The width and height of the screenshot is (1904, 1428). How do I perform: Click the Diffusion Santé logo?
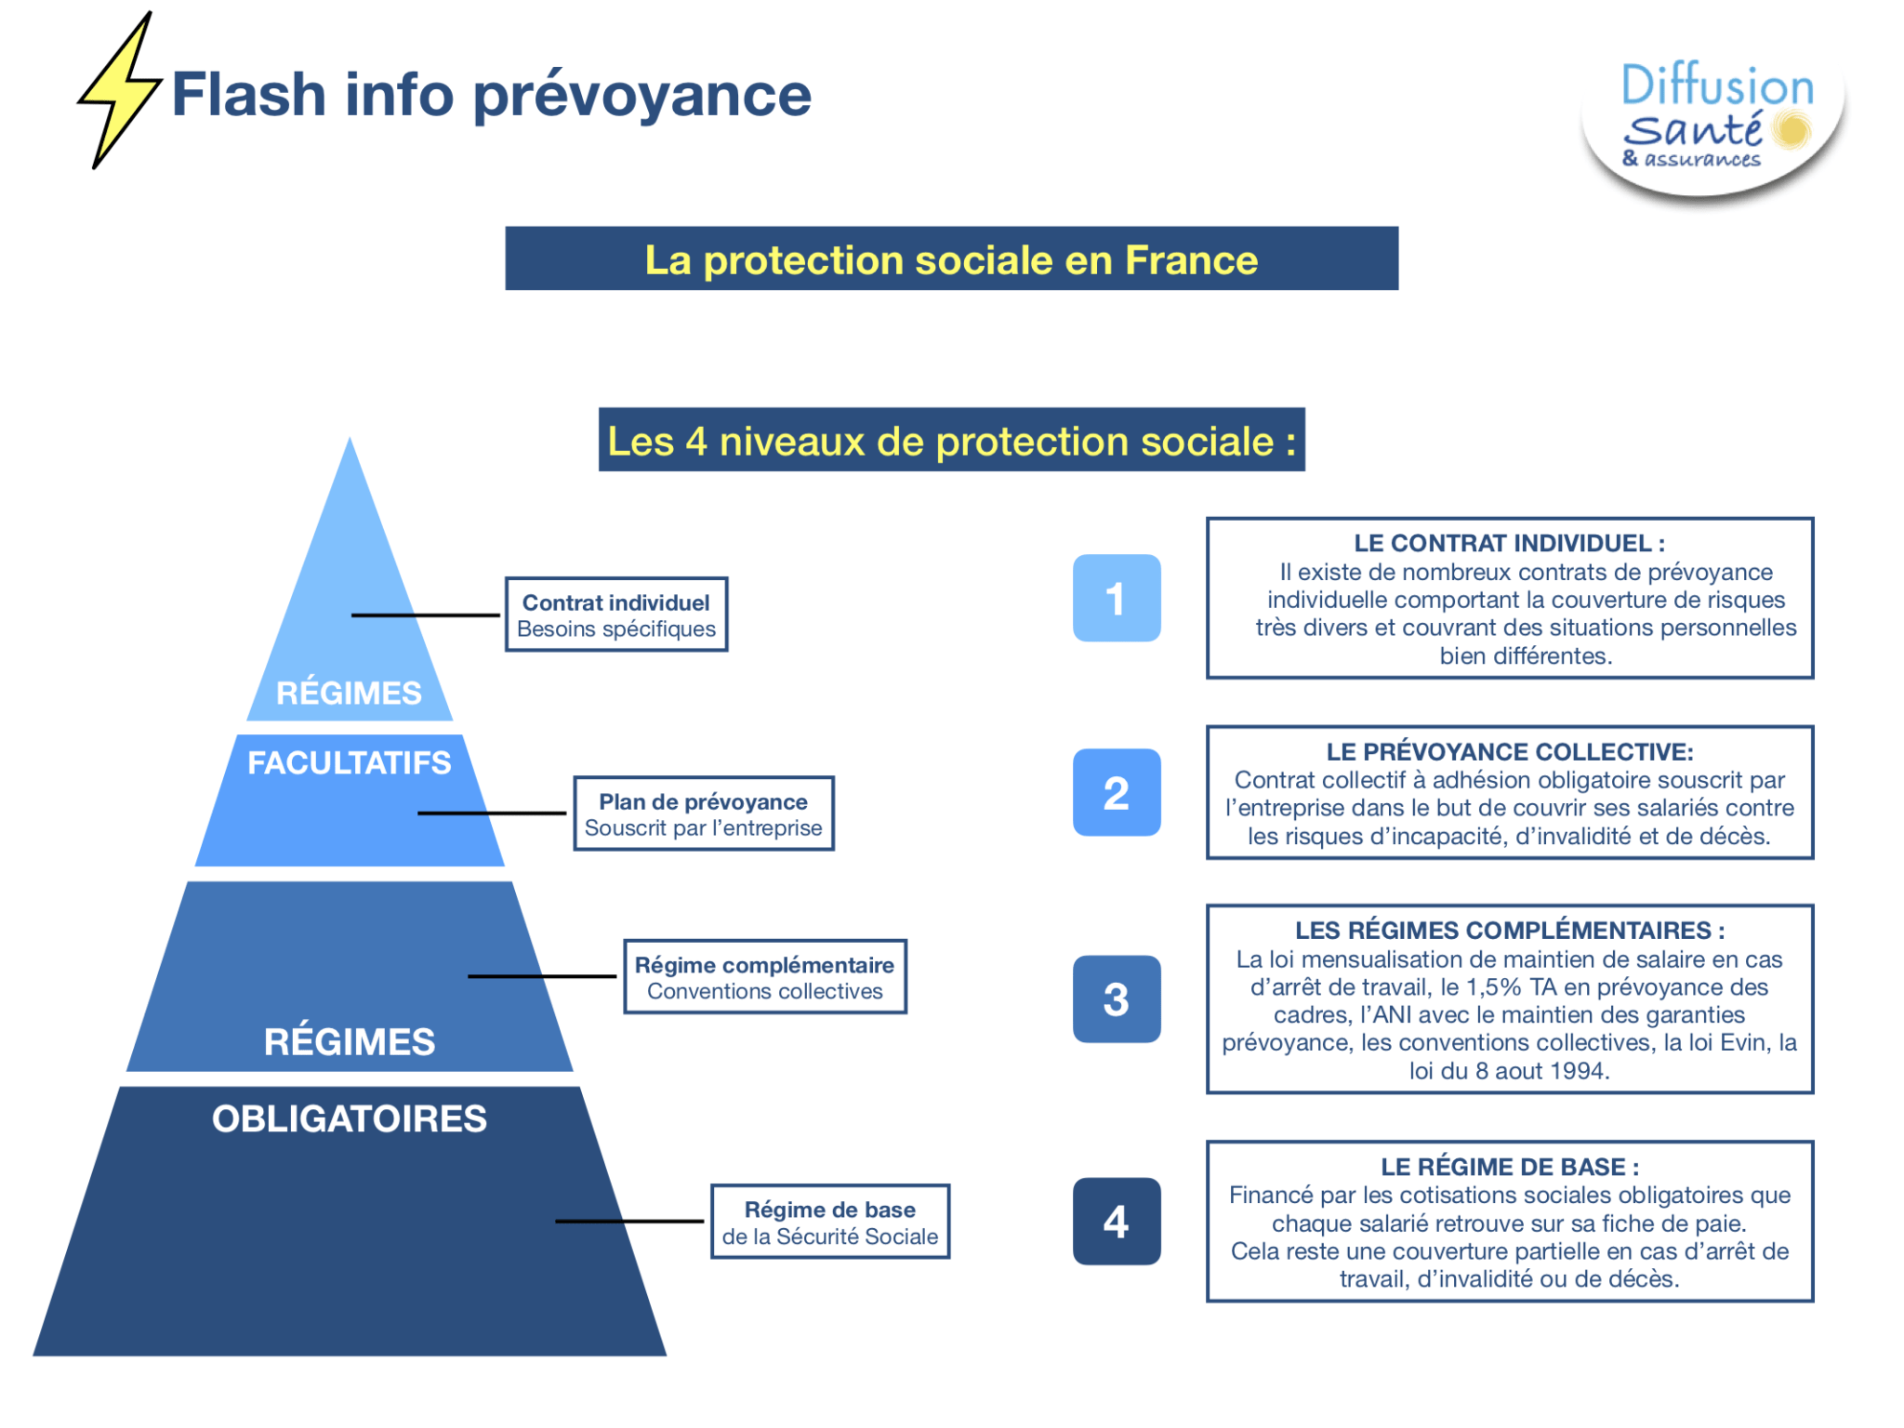(1712, 121)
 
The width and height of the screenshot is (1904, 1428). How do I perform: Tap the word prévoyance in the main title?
(641, 97)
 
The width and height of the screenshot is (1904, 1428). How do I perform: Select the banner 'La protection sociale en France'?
(951, 259)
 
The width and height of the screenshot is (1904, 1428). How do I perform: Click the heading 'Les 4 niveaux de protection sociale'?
(951, 441)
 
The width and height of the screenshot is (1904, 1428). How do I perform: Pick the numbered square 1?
(1116, 598)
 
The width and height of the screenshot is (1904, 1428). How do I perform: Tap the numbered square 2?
(1116, 793)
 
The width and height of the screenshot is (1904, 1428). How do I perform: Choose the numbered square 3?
(1116, 999)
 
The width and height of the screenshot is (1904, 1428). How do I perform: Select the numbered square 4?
(1116, 1221)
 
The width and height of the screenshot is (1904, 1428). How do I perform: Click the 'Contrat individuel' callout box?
(616, 615)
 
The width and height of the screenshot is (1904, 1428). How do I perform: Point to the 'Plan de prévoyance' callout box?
(703, 813)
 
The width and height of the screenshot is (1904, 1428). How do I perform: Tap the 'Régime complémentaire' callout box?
(764, 977)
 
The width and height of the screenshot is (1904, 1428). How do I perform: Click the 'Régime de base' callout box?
(829, 1222)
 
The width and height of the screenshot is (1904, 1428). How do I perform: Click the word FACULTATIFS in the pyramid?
(349, 763)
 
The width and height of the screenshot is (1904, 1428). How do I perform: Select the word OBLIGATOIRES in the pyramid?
(349, 1119)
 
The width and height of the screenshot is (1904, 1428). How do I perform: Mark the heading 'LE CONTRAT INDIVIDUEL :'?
(1509, 543)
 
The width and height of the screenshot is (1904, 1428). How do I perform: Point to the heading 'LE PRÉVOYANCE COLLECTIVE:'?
(1509, 751)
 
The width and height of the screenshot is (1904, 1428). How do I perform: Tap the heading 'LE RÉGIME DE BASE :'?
(1509, 1167)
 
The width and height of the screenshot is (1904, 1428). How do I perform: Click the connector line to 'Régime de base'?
(629, 1221)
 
